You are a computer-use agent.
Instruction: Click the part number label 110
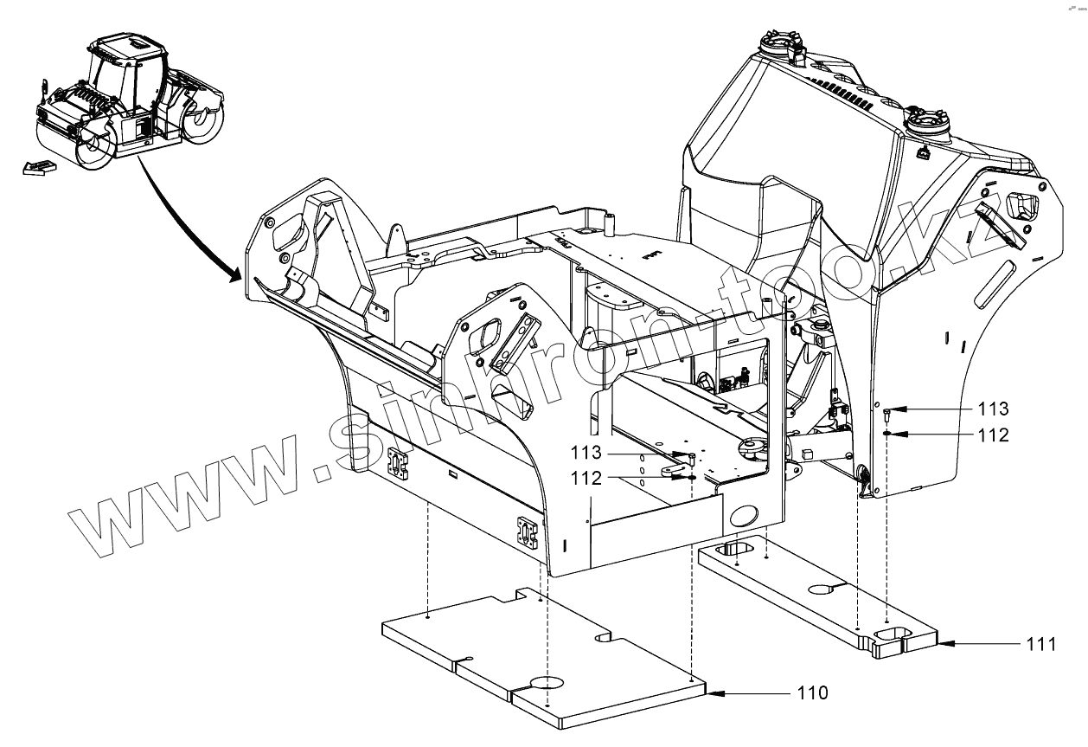pyautogui.click(x=813, y=692)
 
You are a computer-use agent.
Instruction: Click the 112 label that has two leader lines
pyautogui.click(x=586, y=477)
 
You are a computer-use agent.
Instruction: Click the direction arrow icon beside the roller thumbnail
pyautogui.click(x=35, y=168)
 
